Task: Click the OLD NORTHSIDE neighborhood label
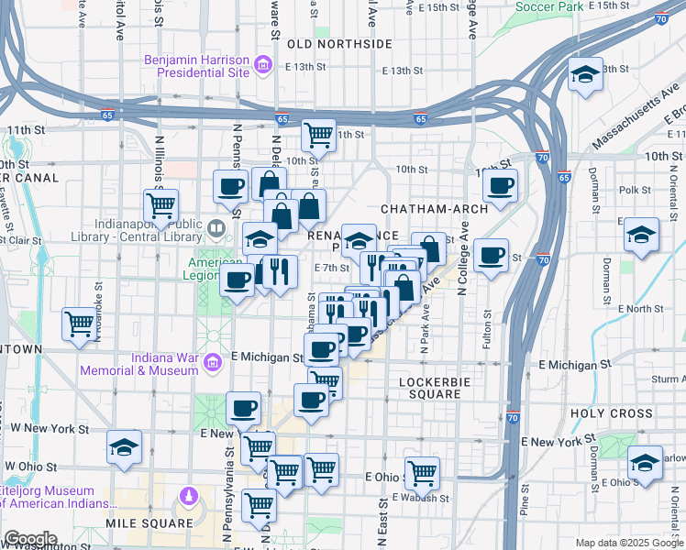340,44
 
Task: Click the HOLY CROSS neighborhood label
611,413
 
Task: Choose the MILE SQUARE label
149,523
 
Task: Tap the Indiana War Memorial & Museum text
138,364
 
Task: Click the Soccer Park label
549,6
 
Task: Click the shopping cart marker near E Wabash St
422,473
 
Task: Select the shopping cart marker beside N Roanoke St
80,323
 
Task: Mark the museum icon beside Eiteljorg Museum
188,496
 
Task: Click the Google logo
29,539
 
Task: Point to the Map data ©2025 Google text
628,543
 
